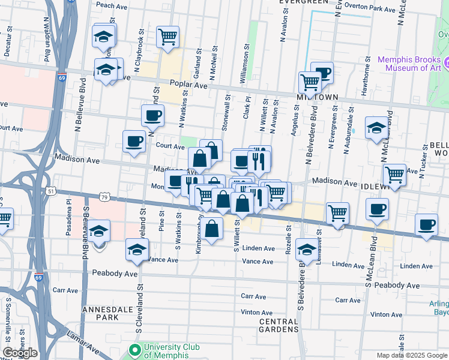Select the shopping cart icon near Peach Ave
point(167,37)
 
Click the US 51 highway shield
point(52,191)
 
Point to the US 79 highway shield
point(104,196)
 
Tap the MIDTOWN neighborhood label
point(318,97)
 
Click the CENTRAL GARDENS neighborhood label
point(279,325)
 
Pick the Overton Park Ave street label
point(371,10)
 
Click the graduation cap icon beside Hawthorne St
point(376,128)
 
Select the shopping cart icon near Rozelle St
point(338,214)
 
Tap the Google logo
point(20,353)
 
